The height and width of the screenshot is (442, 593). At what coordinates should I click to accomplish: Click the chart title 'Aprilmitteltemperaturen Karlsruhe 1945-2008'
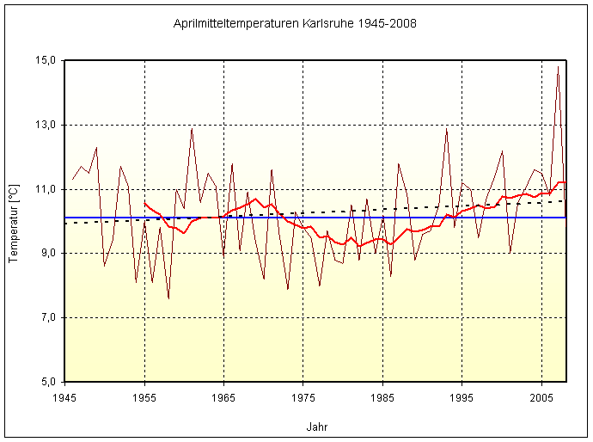[295, 23]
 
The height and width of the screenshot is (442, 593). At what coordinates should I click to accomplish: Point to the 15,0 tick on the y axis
[46, 60]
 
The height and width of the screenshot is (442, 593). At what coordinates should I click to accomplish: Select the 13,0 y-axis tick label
[46, 125]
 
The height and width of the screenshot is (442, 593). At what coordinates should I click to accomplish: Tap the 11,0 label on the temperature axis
[46, 189]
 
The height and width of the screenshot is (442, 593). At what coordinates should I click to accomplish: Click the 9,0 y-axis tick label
[48, 253]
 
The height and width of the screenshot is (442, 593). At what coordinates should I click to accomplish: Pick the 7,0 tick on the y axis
[48, 317]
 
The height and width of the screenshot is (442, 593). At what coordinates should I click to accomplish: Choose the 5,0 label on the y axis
[48, 381]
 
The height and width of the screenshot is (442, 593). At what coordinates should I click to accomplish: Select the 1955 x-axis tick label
[144, 398]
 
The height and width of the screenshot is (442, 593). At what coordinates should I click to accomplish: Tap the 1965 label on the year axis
[223, 398]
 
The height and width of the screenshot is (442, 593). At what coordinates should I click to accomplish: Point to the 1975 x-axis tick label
[303, 398]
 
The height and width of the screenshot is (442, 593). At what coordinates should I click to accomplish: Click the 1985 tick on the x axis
[382, 398]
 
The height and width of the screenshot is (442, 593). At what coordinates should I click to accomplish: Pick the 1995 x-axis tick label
[462, 398]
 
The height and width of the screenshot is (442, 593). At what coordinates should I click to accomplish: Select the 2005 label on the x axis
[541, 398]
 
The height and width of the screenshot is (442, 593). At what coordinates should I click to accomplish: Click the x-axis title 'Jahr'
[316, 427]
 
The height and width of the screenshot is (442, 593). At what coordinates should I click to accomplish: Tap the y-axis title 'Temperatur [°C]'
[14, 221]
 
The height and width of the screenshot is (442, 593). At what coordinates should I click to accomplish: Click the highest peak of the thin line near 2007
[558, 66]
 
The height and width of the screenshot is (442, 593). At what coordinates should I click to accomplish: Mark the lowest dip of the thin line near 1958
[168, 298]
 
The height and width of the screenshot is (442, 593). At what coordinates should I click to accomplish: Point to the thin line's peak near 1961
[192, 128]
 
